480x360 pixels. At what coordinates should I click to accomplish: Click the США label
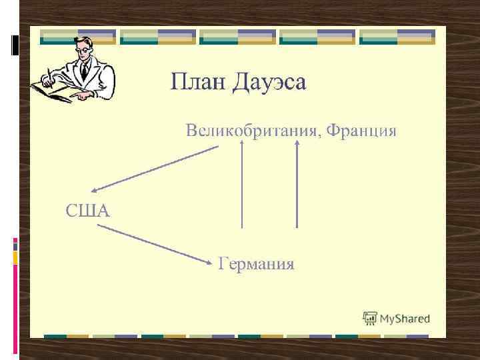click(87, 211)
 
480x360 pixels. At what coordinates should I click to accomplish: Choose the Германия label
click(257, 264)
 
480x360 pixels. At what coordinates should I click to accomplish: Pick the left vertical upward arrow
click(241, 187)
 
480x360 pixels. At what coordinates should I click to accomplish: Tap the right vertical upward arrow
click(297, 187)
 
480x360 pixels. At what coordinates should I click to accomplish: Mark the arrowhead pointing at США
click(95, 190)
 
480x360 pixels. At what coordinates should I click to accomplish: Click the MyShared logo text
click(405, 319)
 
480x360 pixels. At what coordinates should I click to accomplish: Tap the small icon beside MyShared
click(369, 318)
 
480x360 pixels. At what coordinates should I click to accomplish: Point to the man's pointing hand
click(83, 95)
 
